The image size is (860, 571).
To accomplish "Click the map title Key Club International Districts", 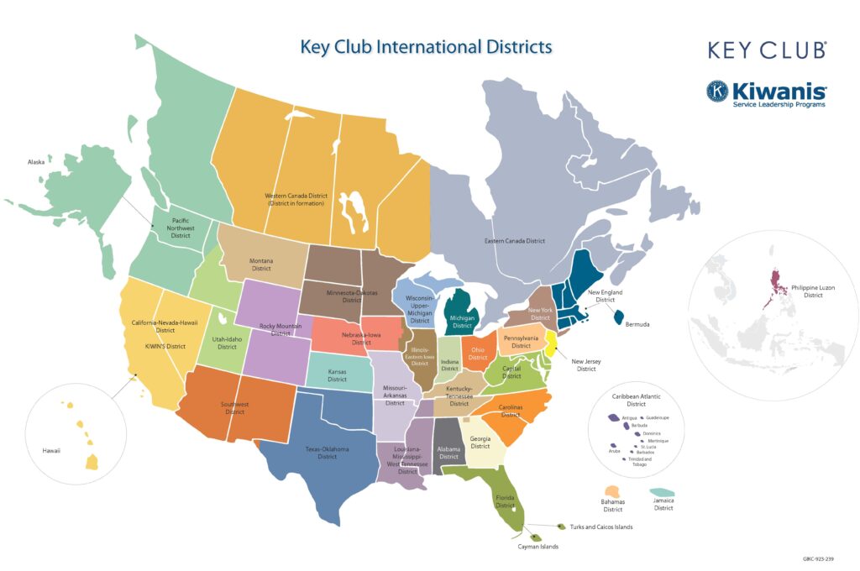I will click(426, 45).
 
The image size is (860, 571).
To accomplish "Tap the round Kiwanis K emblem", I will click(717, 92).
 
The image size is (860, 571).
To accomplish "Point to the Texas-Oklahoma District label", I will click(327, 453).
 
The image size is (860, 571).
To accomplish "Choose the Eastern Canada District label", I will click(515, 241).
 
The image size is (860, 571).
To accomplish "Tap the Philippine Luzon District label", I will click(812, 291).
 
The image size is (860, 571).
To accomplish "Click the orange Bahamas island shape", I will click(614, 491).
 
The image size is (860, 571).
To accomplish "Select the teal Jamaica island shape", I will click(663, 492).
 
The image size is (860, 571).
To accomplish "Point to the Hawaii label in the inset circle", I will click(51, 451).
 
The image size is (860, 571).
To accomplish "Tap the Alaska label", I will click(36, 162).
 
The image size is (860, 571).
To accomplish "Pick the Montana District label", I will click(261, 265).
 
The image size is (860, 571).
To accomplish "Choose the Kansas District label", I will click(337, 375).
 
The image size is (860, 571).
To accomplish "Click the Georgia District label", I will click(480, 443).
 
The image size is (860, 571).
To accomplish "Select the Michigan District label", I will click(463, 322).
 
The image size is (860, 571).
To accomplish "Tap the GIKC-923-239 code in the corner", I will click(819, 558).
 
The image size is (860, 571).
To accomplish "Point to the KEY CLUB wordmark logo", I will click(767, 50).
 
